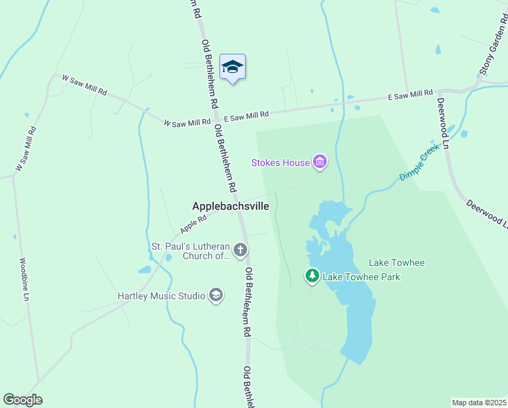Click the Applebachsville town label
pyautogui.click(x=231, y=205)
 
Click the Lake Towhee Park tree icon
pyautogui.click(x=312, y=276)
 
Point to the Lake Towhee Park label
pyautogui.click(x=361, y=277)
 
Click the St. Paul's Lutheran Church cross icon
pyautogui.click(x=240, y=250)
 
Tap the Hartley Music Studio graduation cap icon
pyautogui.click(x=216, y=296)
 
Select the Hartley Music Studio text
pyautogui.click(x=161, y=296)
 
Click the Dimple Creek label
pyautogui.click(x=420, y=166)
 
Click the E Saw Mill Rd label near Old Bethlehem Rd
pyautogui.click(x=247, y=117)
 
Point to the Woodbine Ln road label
pyautogui.click(x=24, y=279)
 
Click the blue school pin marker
pyautogui.click(x=232, y=68)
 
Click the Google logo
pyautogui.click(x=22, y=400)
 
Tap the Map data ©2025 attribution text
pyautogui.click(x=479, y=402)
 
